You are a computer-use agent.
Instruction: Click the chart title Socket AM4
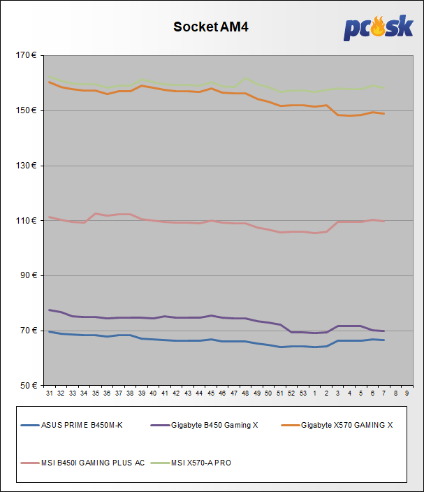coord(211,27)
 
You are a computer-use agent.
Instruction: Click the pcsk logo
coord(379,29)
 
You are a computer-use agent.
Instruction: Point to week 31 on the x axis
coord(50,394)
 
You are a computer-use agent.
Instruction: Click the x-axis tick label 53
coord(303,394)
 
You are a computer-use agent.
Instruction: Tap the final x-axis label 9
coord(407,394)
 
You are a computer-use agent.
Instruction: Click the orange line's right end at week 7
coord(384,113)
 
